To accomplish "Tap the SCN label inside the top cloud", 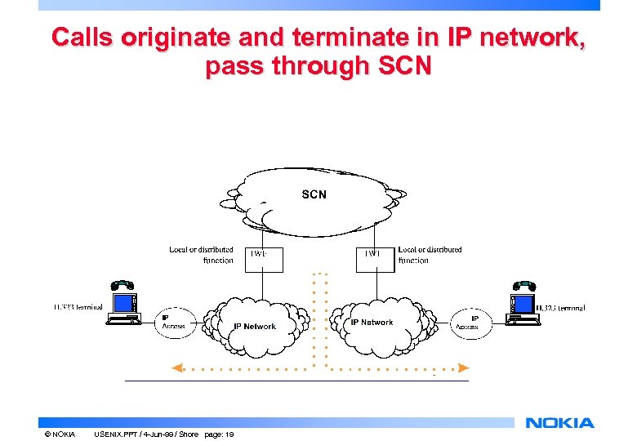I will click(314, 194).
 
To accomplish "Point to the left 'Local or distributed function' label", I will click(201, 255).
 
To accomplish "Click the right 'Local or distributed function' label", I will click(430, 255).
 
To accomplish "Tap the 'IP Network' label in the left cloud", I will click(255, 327).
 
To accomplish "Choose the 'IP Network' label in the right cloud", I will click(372, 323).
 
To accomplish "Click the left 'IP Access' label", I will click(172, 322).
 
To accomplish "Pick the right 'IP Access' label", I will click(468, 323).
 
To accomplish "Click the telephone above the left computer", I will click(122, 285).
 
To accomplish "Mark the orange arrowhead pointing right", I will click(463, 367).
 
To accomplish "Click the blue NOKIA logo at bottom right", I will click(560, 423).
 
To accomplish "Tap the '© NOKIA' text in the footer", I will click(60, 434).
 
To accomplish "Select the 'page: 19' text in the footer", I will click(218, 434).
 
